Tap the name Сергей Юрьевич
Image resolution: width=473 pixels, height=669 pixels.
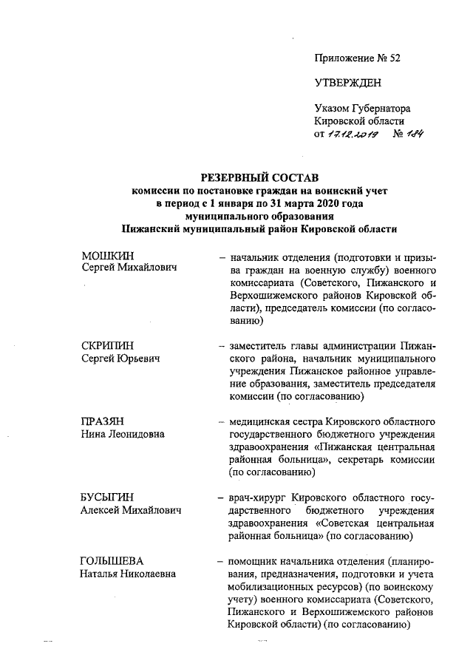tap(122, 359)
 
